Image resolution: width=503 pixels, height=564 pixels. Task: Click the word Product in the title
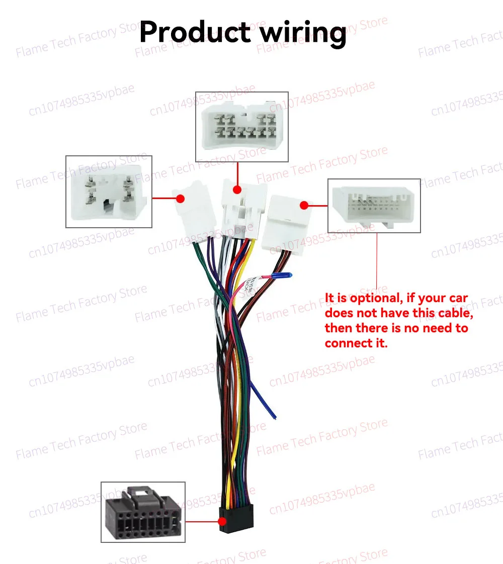coord(195,32)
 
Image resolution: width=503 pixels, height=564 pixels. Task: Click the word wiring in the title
coord(303,34)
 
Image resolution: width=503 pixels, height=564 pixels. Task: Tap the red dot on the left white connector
coord(181,199)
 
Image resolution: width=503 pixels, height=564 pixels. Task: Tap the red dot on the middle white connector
coord(237,190)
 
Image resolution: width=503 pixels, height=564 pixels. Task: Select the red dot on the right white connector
coord(304,205)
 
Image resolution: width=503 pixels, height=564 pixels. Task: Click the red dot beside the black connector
coord(222,521)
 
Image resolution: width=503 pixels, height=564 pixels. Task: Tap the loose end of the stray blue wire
coord(275,418)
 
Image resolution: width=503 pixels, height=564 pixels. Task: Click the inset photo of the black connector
coord(143,512)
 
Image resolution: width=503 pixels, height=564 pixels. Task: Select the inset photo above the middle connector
coord(242,127)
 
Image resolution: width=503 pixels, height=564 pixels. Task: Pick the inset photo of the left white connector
coord(109,192)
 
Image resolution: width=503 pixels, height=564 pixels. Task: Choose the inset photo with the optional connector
coord(374,206)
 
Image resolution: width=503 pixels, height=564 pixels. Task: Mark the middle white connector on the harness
coord(244,209)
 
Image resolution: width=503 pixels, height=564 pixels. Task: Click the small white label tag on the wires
coord(249,285)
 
